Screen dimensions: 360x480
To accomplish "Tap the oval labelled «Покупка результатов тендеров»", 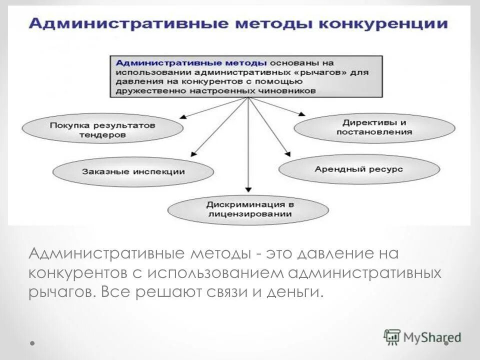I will coord(103,129).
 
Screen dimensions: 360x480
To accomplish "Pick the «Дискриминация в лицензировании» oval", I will coord(248,209).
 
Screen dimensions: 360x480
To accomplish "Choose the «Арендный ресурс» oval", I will coord(358,169).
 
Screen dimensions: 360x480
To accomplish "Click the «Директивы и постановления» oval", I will coord(374,127).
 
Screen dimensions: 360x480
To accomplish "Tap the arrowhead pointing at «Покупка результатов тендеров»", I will coord(183,116).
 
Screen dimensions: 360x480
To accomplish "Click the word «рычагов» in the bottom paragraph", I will coord(60,291).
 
